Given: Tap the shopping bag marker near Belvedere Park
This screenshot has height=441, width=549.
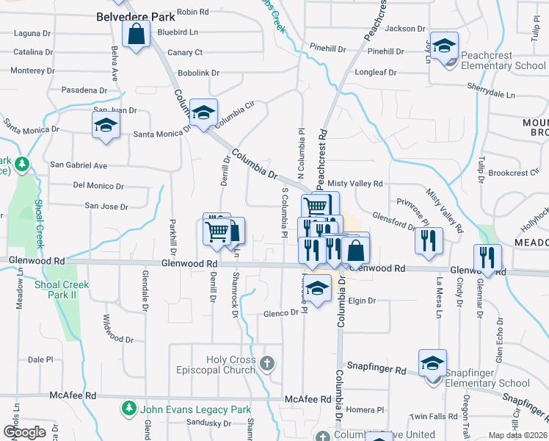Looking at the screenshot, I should tap(137, 35).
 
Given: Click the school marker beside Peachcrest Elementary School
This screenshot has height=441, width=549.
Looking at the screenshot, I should tap(444, 47).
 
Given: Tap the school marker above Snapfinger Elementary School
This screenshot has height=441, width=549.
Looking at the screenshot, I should tap(432, 364).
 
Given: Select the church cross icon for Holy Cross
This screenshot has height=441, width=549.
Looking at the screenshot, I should tap(268, 363).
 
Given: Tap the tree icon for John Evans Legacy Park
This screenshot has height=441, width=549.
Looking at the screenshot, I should tap(129, 407).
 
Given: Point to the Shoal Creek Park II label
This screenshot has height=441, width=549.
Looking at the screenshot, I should tap(62, 289).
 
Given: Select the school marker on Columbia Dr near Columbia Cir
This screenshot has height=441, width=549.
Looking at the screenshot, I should tap(203, 113).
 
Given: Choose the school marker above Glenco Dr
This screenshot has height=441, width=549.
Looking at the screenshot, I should tap(317, 290).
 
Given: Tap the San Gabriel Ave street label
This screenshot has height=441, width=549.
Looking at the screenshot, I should tap(79, 165).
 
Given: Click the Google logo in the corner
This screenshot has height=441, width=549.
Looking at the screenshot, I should tap(24, 432).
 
